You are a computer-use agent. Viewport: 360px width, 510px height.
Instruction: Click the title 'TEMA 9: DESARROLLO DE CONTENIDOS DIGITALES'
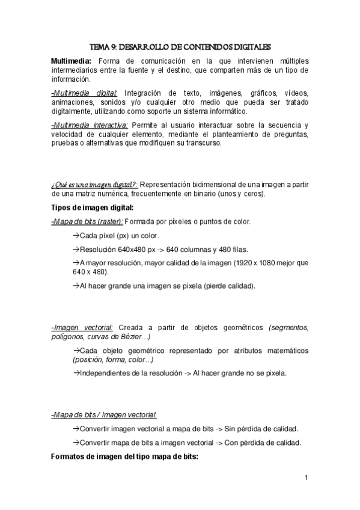coord(180,46)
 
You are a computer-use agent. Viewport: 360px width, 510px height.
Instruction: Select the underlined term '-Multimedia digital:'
coord(84,94)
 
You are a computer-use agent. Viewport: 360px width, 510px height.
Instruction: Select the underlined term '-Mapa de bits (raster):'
coord(87,222)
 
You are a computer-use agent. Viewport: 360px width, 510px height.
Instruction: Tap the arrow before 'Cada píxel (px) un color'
coord(76,235)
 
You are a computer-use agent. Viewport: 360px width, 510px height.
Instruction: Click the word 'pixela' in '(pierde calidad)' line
coord(191,286)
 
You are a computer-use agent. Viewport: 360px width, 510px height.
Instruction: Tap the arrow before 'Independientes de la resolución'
coord(76,373)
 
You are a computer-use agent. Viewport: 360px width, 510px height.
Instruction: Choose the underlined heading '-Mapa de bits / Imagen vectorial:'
coord(104,415)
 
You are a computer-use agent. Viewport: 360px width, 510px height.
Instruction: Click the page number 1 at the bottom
coord(306,479)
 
